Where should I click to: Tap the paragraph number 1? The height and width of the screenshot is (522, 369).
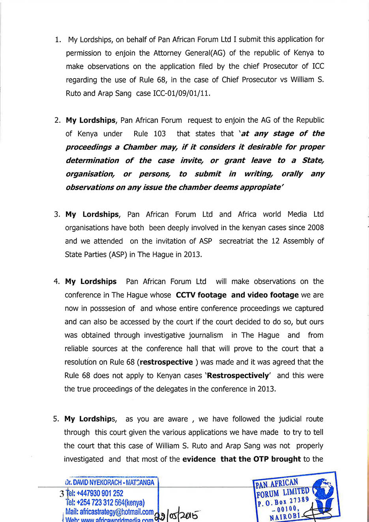tap(58, 39)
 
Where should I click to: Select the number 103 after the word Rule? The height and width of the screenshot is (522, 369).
tap(159, 134)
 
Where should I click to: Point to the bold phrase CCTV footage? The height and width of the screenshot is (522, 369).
tap(201, 295)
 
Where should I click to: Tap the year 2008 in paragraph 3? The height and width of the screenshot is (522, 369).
tap(315, 228)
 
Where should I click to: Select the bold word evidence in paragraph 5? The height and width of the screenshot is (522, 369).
tap(199, 459)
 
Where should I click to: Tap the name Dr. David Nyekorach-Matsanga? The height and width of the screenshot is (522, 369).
tap(110, 483)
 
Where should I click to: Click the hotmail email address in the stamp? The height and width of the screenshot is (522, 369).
tap(109, 512)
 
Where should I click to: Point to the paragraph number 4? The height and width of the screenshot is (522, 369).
tap(57, 282)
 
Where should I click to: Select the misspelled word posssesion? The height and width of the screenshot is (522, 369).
tap(112, 308)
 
